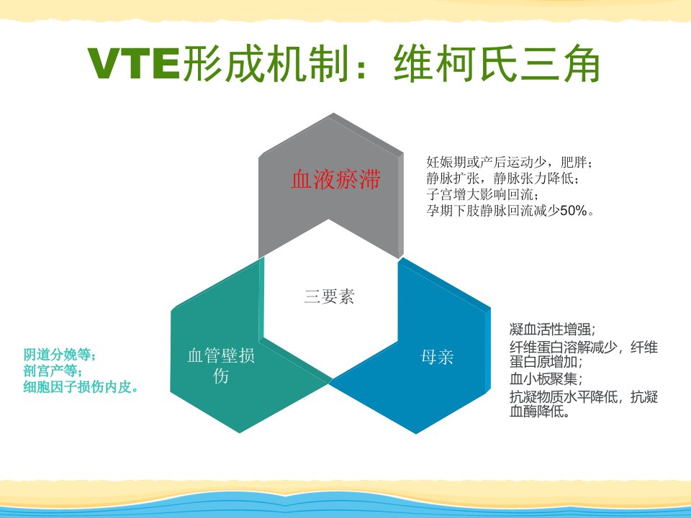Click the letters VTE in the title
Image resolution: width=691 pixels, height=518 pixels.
[x=134, y=63]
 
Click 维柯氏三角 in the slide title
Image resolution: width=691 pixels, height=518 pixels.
[x=497, y=63]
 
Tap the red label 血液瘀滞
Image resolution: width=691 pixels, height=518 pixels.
[x=335, y=179]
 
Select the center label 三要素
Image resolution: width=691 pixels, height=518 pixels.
[x=329, y=296]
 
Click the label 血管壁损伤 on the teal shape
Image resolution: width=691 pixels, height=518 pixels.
[x=221, y=366]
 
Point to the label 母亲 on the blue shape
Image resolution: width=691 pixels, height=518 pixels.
[x=437, y=357]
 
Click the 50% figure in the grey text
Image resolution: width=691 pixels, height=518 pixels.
[x=574, y=211]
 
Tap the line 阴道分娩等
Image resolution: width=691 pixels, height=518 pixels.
[x=59, y=355]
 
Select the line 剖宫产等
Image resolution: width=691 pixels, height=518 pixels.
[x=52, y=371]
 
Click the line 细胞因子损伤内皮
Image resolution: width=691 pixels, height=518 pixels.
[x=81, y=387]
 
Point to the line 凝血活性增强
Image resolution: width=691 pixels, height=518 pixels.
[x=552, y=330]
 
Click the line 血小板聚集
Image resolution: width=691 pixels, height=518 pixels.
[x=546, y=379]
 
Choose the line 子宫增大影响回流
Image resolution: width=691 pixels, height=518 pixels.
[x=482, y=195]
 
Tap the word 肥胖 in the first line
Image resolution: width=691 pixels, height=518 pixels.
[x=574, y=163]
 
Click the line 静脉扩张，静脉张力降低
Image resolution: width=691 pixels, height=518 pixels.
[x=502, y=178]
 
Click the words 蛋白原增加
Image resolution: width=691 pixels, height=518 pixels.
[x=543, y=362]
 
